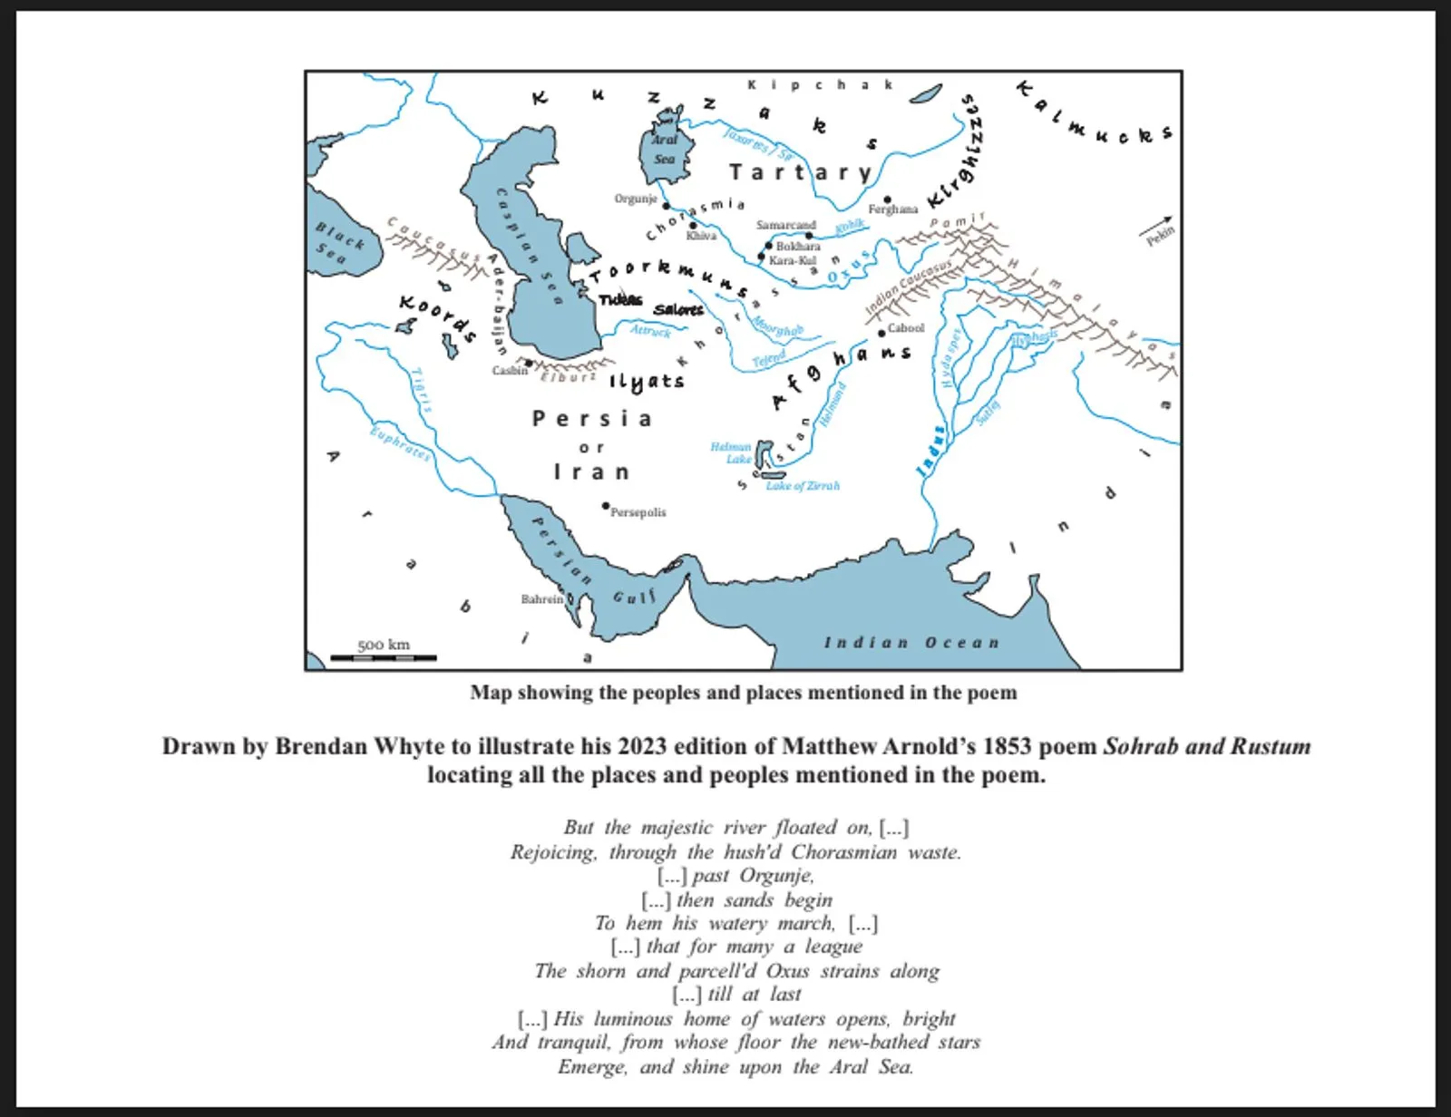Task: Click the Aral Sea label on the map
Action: [665, 150]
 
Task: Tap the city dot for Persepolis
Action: [606, 506]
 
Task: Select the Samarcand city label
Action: [786, 225]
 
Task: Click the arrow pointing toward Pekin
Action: [1157, 223]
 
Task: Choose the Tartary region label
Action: [800, 172]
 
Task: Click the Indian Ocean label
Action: [911, 643]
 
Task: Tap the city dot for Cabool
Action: [881, 333]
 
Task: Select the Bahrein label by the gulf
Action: [541, 599]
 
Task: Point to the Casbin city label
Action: [509, 370]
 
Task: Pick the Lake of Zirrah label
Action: [803, 486]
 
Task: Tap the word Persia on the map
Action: [591, 419]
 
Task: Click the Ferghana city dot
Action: [887, 199]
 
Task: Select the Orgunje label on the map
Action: [635, 199]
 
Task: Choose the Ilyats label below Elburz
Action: [646, 382]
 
